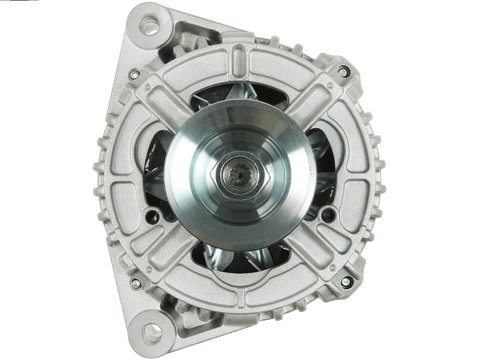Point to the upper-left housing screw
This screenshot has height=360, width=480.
(134, 74)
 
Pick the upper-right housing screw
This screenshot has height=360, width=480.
(343, 72)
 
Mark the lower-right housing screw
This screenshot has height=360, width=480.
(345, 281)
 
